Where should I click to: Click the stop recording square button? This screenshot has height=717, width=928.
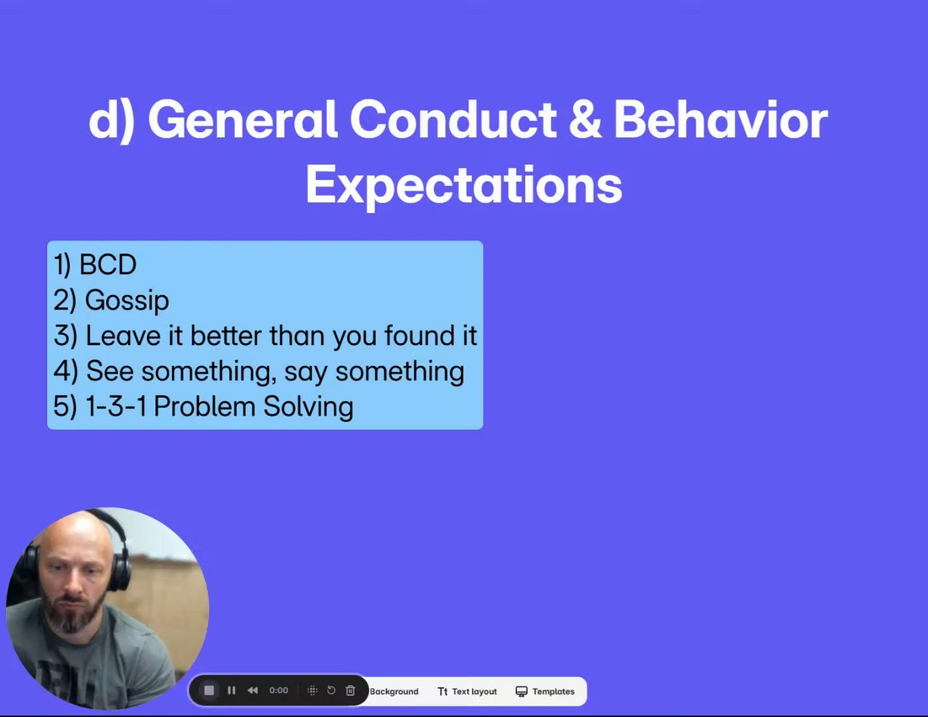209,690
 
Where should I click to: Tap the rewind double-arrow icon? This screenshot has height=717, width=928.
253,690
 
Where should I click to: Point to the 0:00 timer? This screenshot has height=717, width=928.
278,690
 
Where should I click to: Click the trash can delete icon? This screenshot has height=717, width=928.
350,690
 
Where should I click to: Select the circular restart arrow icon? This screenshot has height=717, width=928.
331,690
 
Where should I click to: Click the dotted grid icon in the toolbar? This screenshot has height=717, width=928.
312,690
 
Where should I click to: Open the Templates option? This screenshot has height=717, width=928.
545,692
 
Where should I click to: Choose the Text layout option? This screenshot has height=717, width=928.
467,692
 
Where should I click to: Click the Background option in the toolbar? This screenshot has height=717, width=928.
394,692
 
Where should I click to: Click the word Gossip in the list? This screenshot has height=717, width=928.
127,301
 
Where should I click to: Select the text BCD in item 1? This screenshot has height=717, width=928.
108,265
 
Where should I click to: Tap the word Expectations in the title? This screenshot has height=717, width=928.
464,186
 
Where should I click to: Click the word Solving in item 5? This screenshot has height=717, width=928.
308,406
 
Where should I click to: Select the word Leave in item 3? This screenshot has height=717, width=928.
123,336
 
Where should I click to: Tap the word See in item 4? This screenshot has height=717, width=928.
109,371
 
